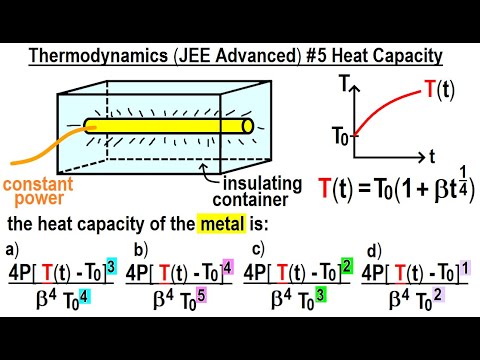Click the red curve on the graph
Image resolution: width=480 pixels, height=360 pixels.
click(395, 110)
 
